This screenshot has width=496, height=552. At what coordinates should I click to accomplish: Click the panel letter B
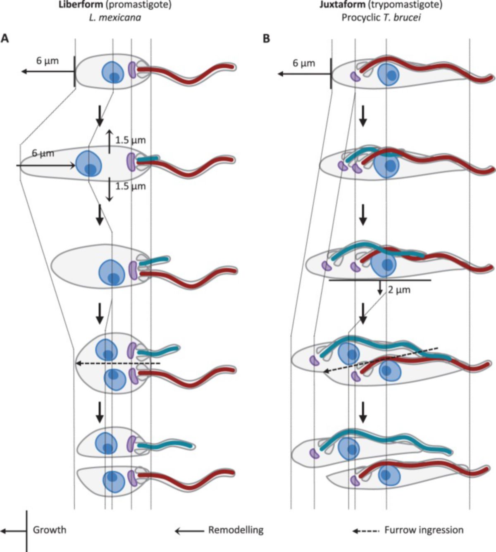[x=267, y=38]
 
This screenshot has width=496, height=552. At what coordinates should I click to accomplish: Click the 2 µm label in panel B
[x=399, y=290]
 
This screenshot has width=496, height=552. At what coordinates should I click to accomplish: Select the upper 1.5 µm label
[x=131, y=140]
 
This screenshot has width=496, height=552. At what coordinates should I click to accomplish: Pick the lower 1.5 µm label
[x=131, y=186]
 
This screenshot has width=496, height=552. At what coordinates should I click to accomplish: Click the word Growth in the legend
[x=50, y=530]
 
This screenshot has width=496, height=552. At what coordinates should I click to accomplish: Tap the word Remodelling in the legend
[x=236, y=530]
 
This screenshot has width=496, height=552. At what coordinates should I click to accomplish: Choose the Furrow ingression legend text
[x=424, y=530]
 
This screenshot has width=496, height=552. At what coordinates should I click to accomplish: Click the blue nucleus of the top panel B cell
[x=389, y=74]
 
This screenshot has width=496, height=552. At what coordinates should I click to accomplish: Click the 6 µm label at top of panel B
[x=304, y=63]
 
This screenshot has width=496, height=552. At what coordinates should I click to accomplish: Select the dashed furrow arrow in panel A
[x=118, y=363]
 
